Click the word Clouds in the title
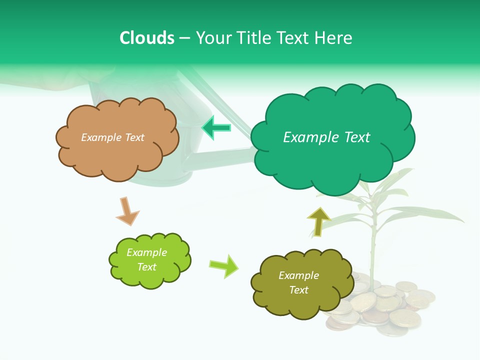[x=147, y=38]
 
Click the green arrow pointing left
[x=216, y=127]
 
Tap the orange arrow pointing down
[x=127, y=211]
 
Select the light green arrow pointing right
[x=224, y=265]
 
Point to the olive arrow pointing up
[x=318, y=221]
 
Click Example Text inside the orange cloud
[x=112, y=137]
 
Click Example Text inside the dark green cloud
[x=326, y=137]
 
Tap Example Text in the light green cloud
[x=146, y=259]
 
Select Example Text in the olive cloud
[x=298, y=282]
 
